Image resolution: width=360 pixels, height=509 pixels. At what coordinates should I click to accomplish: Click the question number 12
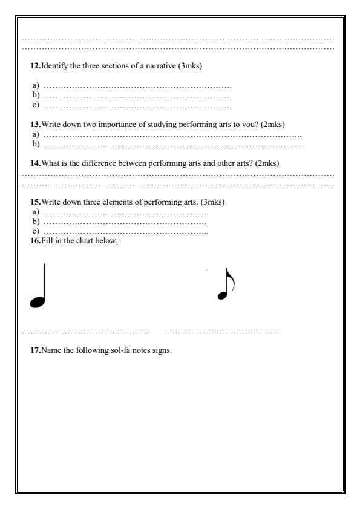coord(35,66)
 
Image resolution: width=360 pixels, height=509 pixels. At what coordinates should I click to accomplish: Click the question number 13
coord(35,125)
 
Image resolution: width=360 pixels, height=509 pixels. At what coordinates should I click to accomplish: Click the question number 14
coord(35,163)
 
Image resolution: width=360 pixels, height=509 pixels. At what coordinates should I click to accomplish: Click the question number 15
coord(35,202)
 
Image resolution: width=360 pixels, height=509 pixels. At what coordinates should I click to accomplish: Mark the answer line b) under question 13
coord(172,145)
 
